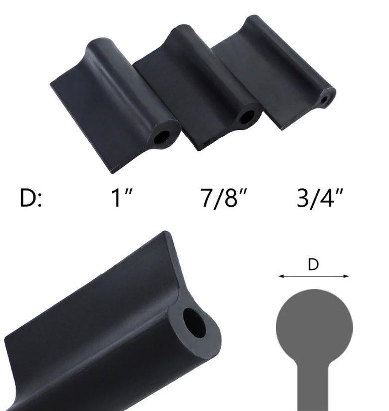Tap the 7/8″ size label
pyautogui.click(x=224, y=198)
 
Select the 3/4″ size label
pyautogui.click(x=320, y=198)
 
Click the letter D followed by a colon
pyautogui.click(x=31, y=198)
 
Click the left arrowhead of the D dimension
pyautogui.click(x=281, y=276)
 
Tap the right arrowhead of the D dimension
pyautogui.click(x=346, y=276)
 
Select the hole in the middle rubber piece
pyautogui.click(x=247, y=117)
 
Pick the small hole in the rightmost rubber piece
pyautogui.click(x=325, y=100)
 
